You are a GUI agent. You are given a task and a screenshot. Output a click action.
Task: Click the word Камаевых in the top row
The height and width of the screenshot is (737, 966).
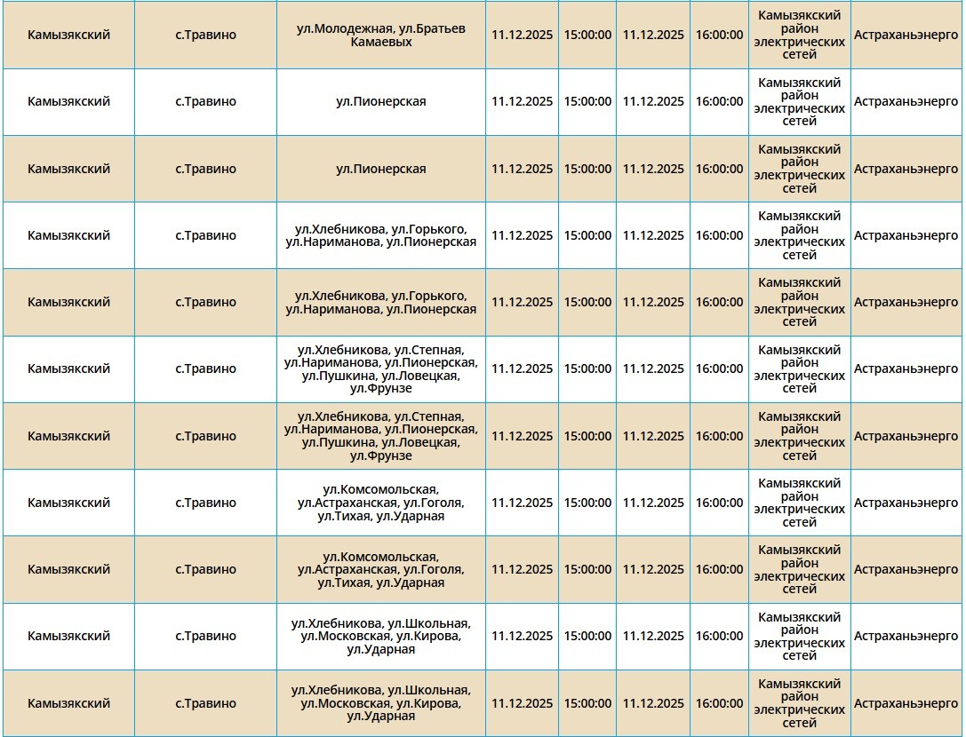tap(380, 42)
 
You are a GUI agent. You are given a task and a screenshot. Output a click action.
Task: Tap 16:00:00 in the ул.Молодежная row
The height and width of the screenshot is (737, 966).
tap(719, 35)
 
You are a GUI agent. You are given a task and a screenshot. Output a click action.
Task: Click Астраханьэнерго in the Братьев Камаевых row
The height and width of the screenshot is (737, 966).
tap(906, 35)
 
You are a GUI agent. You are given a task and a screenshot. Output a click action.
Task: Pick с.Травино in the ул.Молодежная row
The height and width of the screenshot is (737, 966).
tap(205, 35)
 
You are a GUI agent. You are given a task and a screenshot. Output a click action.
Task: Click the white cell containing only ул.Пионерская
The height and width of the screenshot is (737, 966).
tap(380, 101)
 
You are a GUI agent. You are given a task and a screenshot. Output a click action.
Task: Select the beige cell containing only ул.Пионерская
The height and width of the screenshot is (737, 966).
tap(380, 169)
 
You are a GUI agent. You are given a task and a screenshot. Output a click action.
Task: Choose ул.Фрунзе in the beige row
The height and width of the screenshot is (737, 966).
tap(380, 456)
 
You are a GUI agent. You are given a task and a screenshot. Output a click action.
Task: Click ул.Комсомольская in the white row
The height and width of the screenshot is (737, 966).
tap(380, 489)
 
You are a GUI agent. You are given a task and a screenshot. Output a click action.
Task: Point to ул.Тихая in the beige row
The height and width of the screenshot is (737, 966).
tap(343, 582)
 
